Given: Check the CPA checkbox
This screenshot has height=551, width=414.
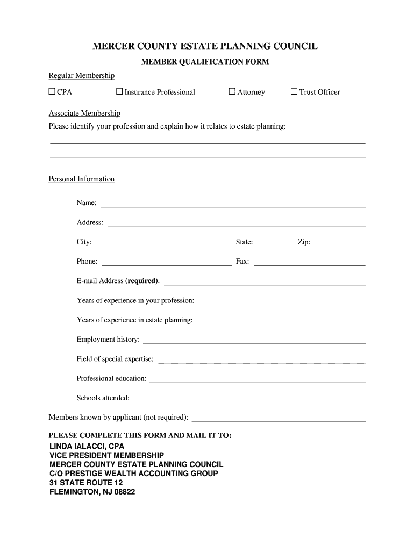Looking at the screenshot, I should click(52, 91).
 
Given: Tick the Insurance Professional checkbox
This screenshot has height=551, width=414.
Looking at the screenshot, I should click(119, 91).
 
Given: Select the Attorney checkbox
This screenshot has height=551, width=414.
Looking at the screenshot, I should click(232, 91).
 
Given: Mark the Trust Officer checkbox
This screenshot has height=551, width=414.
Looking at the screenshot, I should click(294, 91).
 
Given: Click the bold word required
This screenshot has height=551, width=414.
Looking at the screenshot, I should click(142, 281).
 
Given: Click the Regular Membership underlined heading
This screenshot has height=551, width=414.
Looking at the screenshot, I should click(82, 75).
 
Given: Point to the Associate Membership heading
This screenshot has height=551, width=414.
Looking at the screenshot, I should click(84, 114).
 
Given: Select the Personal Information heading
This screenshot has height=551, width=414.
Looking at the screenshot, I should click(82, 179).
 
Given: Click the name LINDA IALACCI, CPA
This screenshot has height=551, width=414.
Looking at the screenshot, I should click(87, 447).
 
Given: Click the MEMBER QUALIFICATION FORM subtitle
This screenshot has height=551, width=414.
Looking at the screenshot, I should click(205, 62).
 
